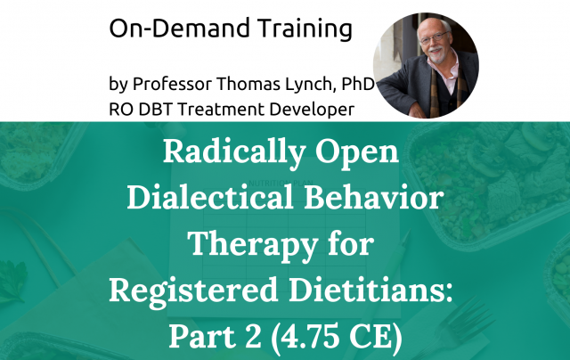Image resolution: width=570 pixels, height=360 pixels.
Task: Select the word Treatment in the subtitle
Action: pyautogui.click(x=232, y=110)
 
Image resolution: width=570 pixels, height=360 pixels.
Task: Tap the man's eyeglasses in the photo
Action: pyautogui.click(x=425, y=43)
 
